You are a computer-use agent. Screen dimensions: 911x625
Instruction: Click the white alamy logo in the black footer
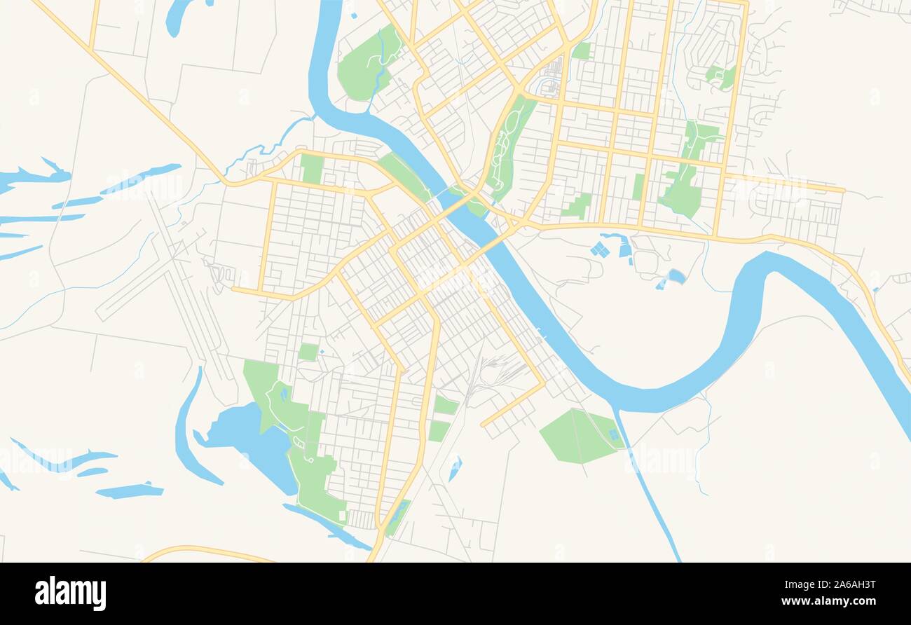point(70,593)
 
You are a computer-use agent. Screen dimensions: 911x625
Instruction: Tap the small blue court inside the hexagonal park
point(615,435)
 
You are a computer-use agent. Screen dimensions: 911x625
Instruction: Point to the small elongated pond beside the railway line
point(455,467)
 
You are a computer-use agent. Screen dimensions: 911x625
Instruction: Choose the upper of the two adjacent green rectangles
point(446,405)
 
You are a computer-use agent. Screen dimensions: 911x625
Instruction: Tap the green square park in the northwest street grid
point(312,168)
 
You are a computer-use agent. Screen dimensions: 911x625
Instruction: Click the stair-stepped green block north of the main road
point(577,206)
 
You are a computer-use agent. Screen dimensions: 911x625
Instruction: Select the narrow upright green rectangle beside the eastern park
point(638,186)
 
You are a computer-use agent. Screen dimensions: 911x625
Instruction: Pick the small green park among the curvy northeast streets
point(720,76)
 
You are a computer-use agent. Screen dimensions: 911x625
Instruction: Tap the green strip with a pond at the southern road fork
point(397,517)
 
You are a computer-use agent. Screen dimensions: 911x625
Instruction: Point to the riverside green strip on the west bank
point(406,175)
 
